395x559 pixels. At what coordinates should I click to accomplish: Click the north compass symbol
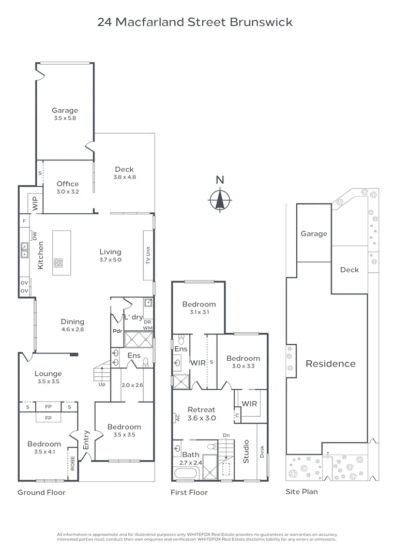tap(220, 199)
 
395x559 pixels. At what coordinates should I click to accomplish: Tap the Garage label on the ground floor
tap(65, 110)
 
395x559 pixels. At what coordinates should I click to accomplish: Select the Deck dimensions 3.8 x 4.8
tap(124, 177)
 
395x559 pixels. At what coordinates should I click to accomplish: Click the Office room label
tap(68, 184)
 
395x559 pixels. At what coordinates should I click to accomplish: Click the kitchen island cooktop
tap(58, 262)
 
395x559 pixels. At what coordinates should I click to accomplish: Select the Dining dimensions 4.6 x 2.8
tap(72, 329)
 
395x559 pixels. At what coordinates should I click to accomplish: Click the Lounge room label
tap(48, 374)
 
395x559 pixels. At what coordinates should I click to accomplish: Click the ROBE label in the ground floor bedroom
tap(72, 462)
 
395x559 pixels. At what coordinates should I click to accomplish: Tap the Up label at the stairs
tap(101, 385)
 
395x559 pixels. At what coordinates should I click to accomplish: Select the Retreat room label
tap(201, 410)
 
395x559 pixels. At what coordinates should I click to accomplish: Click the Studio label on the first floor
tap(246, 451)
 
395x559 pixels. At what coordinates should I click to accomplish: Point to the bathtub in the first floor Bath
tap(187, 474)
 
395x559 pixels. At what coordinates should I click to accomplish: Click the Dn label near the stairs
tap(226, 435)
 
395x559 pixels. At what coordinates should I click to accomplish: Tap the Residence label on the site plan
tap(330, 363)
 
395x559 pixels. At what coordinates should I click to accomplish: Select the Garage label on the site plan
tap(314, 233)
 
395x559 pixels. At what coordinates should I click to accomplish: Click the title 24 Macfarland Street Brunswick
tap(195, 22)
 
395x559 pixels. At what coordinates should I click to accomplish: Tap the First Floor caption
tap(189, 492)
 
